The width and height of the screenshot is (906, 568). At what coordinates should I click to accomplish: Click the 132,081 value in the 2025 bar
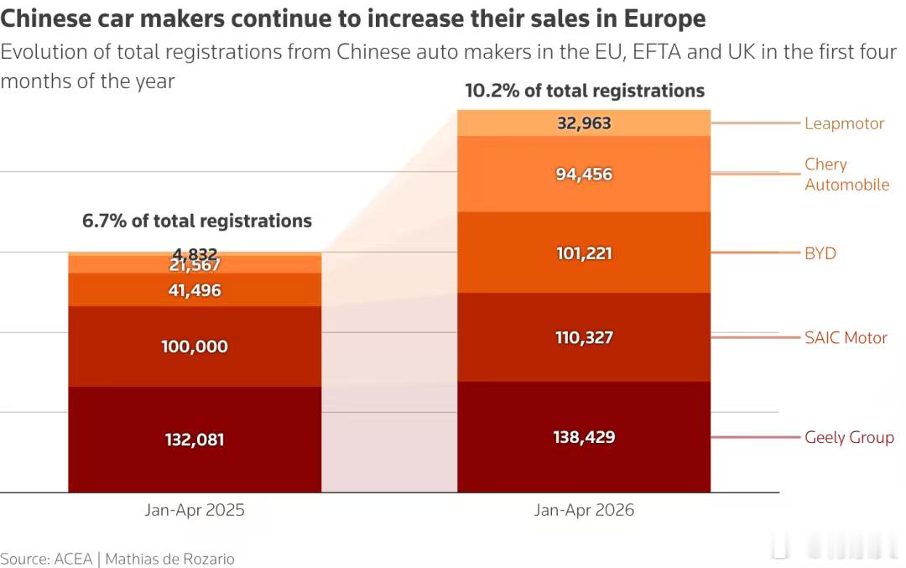coord(194,440)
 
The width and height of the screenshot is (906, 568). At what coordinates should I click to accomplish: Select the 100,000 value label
coord(194,347)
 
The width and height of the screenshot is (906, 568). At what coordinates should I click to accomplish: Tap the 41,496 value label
coord(194,290)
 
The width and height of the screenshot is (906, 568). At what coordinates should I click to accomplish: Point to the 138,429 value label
coord(584,437)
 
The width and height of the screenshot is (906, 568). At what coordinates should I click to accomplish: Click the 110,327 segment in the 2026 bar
coord(584,337)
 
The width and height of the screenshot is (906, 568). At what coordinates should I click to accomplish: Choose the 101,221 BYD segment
coord(584,253)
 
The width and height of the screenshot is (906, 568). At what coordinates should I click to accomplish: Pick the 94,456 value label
coord(584,174)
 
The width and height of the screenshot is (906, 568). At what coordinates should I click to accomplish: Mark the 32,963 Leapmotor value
coord(584,123)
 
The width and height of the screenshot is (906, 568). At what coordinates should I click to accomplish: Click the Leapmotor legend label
coord(844,123)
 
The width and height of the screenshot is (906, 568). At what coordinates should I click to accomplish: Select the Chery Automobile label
coord(847,174)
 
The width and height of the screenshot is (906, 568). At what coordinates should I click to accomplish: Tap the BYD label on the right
coord(820,253)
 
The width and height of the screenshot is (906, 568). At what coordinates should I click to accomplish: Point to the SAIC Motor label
coord(846,337)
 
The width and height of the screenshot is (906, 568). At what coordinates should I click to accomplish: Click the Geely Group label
coord(849,437)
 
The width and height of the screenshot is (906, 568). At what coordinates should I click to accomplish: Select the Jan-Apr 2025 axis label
coord(195,509)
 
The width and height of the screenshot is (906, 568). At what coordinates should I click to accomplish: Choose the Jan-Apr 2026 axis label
coord(584,509)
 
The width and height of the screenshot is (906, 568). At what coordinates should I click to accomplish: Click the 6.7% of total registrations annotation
coord(196,221)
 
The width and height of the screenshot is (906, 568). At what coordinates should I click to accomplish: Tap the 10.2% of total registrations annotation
coord(585,91)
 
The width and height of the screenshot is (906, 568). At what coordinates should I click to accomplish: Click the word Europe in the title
coord(664,19)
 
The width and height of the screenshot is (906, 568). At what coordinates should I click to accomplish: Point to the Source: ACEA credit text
coord(46,559)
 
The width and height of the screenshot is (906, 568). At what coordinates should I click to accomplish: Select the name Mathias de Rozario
coord(169,559)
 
